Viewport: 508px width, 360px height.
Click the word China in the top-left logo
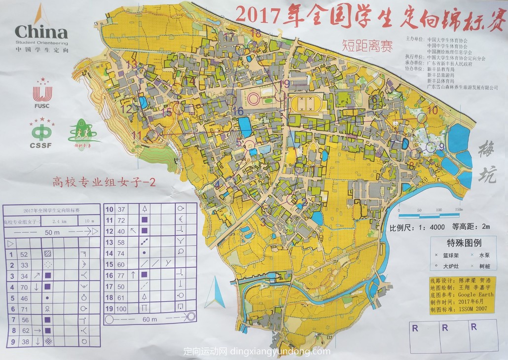pyautogui.click(x=41, y=33)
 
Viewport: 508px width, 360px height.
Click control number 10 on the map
pyautogui.click(x=433, y=110)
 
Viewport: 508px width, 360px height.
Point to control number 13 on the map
pyautogui.click(x=131, y=64)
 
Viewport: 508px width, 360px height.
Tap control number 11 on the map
pyautogui.click(x=137, y=134)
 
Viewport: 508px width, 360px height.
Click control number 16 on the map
pyautogui.click(x=238, y=111)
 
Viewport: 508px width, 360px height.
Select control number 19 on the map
pyautogui.click(x=285, y=84)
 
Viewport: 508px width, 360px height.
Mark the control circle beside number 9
pyautogui.click(x=431, y=146)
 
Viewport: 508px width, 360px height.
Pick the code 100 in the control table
pyautogui.click(x=121, y=308)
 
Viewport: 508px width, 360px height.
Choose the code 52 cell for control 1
pyautogui.click(x=24, y=254)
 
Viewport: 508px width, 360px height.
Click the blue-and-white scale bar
pyautogui.click(x=431, y=215)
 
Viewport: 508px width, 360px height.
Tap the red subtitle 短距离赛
pyautogui.click(x=367, y=47)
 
